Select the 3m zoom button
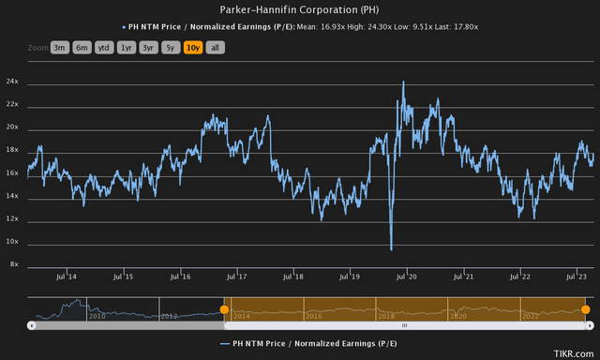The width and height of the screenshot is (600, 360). (x=60, y=46)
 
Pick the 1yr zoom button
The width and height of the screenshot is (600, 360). (x=127, y=46)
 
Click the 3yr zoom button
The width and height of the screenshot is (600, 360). (x=148, y=46)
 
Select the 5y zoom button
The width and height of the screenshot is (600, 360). (x=171, y=46)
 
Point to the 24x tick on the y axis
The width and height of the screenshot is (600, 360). (x=12, y=82)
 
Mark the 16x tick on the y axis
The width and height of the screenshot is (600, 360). (x=12, y=173)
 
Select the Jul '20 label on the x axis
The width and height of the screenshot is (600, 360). (x=407, y=277)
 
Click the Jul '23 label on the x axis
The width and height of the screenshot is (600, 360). (x=576, y=277)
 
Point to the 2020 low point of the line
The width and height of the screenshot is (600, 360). (x=391, y=248)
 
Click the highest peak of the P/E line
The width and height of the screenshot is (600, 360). (x=403, y=82)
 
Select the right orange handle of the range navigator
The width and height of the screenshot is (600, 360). (x=585, y=309)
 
